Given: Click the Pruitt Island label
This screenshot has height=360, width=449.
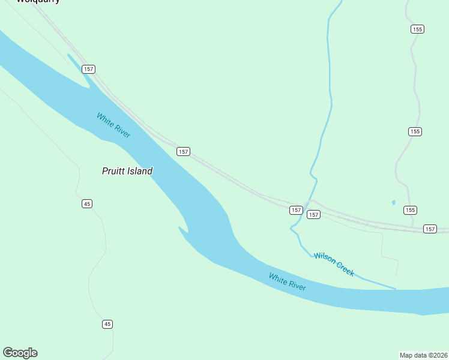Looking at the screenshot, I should [x=127, y=171].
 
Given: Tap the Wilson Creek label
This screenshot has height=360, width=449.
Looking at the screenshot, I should [x=334, y=264].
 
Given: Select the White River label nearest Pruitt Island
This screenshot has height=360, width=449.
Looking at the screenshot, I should [x=113, y=125].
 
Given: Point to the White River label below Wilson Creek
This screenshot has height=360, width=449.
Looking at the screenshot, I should [x=287, y=282].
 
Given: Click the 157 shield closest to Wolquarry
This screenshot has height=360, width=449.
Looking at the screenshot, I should [x=89, y=69].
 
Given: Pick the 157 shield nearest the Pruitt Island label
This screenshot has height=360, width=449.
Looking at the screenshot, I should [x=184, y=152].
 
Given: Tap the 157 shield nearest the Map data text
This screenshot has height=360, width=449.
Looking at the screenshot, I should [x=430, y=229].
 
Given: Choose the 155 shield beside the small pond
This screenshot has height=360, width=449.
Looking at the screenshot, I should [x=410, y=210].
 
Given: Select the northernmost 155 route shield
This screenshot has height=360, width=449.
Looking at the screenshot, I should [x=418, y=29].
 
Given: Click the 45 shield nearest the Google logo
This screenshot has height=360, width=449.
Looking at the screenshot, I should [x=107, y=324].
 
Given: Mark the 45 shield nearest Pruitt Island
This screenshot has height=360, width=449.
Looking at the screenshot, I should [x=87, y=204].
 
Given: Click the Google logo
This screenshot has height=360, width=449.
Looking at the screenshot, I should [x=20, y=353].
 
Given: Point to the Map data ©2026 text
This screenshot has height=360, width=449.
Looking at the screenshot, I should [x=423, y=355].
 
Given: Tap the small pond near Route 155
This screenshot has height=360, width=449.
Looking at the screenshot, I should [x=394, y=202].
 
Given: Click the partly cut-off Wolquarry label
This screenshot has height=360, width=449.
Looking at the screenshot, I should [x=38, y=2].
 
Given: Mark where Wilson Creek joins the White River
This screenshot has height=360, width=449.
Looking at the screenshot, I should [x=396, y=289].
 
